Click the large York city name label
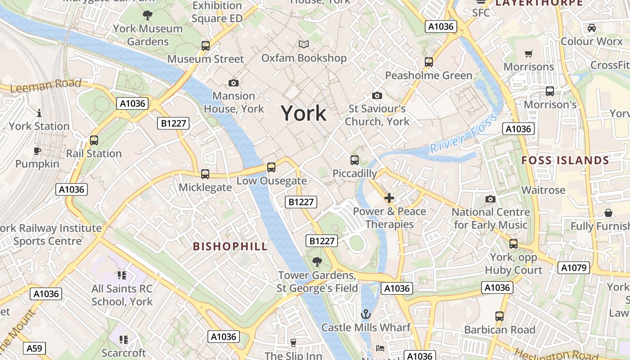click(x=304, y=113)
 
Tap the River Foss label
click(x=463, y=134)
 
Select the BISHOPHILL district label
click(x=230, y=246)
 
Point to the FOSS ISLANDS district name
click(x=565, y=160)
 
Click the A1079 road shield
click(x=574, y=268)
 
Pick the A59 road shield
click(x=34, y=348)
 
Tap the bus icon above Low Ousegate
click(x=271, y=167)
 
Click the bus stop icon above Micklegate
click(x=205, y=174)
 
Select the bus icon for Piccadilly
click(x=355, y=160)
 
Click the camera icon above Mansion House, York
click(x=234, y=83)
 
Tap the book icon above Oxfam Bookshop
click(x=304, y=44)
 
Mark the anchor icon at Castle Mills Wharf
click(x=365, y=314)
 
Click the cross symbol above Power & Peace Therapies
click(x=389, y=198)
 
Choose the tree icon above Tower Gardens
click(x=317, y=261)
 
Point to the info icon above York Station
click(x=39, y=112)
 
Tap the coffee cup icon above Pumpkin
click(x=37, y=151)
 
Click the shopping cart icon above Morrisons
click(x=529, y=54)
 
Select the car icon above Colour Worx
click(x=592, y=28)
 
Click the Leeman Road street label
click(x=45, y=85)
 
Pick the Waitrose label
click(x=543, y=190)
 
